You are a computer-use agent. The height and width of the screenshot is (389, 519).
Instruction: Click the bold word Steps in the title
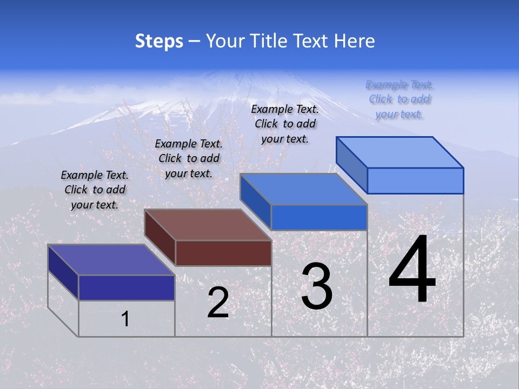[x=159, y=41]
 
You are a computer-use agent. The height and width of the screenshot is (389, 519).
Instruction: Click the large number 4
[x=412, y=270]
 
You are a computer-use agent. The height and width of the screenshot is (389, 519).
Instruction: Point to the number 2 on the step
[x=218, y=303]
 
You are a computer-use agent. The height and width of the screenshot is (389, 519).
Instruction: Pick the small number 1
[x=125, y=319]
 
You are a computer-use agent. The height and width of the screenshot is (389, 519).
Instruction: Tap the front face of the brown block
[x=223, y=253]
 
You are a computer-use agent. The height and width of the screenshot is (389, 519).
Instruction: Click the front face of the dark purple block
[x=127, y=287]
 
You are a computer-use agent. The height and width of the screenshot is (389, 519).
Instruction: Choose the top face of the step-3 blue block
[x=304, y=189]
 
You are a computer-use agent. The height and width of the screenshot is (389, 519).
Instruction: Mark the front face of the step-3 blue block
[x=319, y=217]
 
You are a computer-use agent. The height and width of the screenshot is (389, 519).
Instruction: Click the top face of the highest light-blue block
[x=400, y=152]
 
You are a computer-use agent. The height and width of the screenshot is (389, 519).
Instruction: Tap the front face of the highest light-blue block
[x=415, y=180]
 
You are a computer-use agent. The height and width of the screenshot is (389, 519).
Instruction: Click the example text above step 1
[x=95, y=190]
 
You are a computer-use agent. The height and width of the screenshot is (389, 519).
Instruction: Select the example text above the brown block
[x=189, y=158]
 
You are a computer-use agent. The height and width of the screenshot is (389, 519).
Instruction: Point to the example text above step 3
[x=285, y=124]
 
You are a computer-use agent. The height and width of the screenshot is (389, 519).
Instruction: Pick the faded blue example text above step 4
[x=400, y=99]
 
